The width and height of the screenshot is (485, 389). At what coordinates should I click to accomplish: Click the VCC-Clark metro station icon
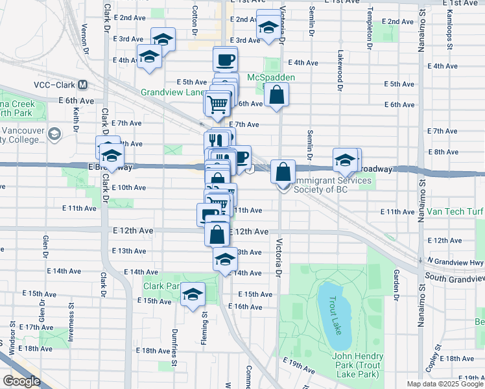pyautogui.click(x=82, y=85)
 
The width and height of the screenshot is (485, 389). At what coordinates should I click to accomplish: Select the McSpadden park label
pyautogui.click(x=271, y=78)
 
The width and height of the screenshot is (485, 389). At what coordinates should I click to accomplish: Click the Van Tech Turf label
pyautogui.click(x=455, y=212)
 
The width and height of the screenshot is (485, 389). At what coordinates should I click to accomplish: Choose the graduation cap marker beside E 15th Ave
pyautogui.click(x=193, y=295)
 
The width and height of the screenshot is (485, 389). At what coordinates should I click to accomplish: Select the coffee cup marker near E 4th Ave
pyautogui.click(x=225, y=60)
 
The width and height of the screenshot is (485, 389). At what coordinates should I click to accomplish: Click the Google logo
pyautogui.click(x=21, y=381)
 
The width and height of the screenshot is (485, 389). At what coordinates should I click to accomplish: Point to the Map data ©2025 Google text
pyautogui.click(x=444, y=384)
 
